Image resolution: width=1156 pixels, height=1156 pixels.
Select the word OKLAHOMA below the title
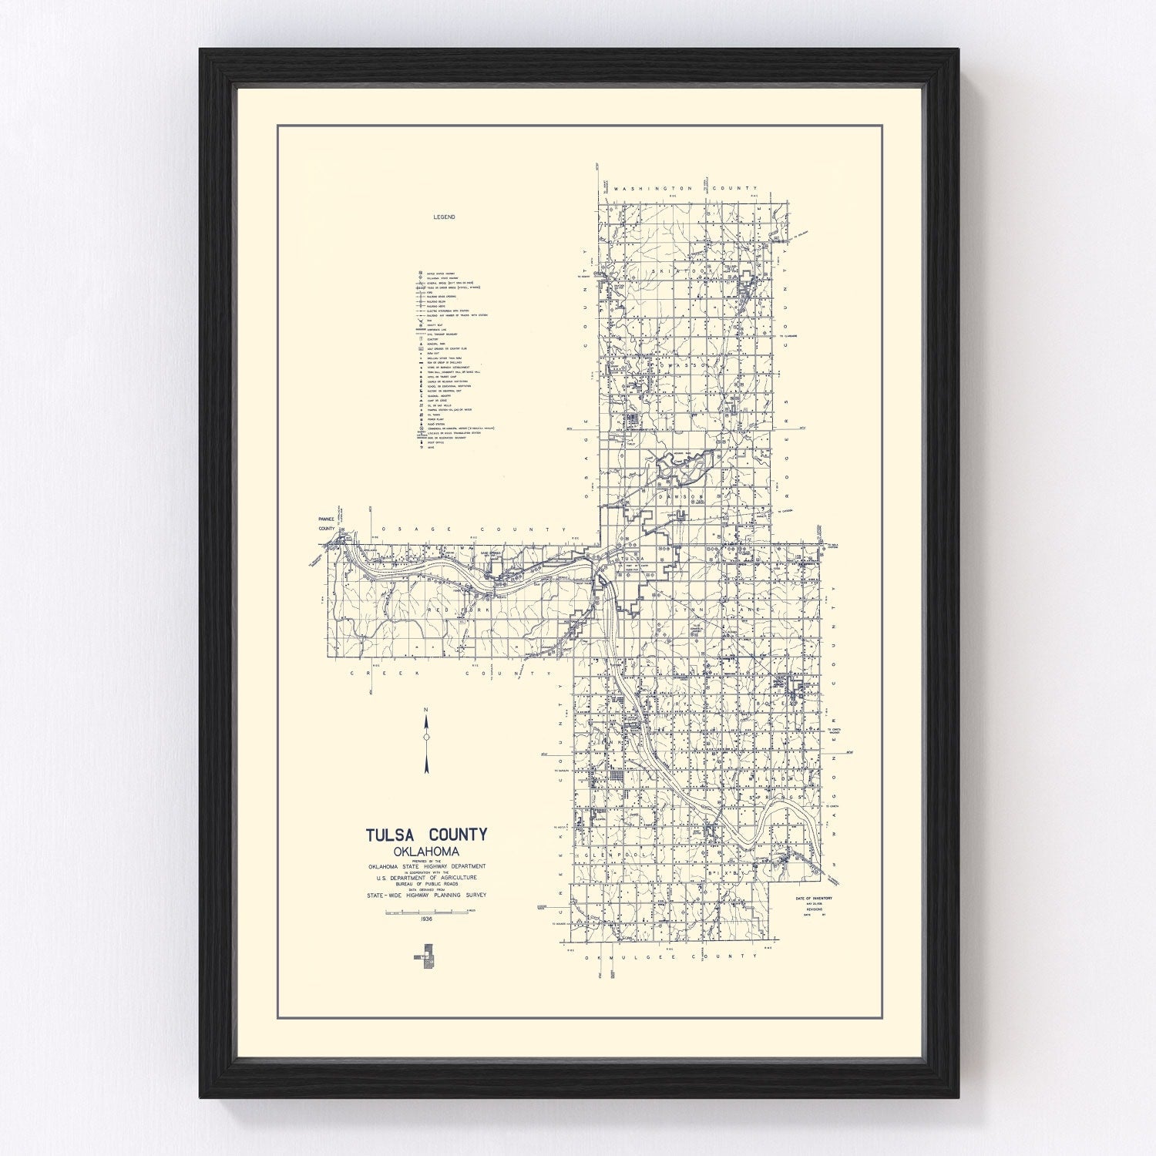coord(426,852)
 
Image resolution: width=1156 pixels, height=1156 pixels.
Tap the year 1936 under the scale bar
coord(426,919)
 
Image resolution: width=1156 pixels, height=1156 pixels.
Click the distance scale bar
coord(426,912)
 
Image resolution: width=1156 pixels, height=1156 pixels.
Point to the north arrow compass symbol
coord(426,738)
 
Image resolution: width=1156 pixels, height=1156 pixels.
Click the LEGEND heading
coord(444,217)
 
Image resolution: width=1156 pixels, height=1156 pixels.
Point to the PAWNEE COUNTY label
coord(327,525)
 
